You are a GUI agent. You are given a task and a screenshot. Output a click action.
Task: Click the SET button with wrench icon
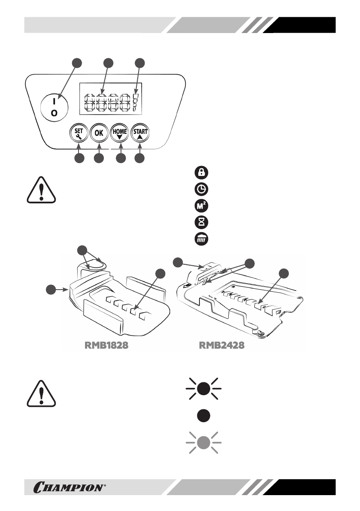[79, 133]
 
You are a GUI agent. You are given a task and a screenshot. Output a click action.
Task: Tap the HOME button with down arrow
[120, 133]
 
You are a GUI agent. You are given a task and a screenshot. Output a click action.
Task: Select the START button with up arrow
[140, 133]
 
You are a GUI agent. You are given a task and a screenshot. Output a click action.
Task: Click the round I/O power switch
[54, 107]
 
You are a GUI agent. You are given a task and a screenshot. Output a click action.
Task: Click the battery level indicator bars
[135, 102]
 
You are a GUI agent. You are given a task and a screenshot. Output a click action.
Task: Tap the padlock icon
[201, 172]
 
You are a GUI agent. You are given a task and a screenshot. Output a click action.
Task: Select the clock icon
[201, 189]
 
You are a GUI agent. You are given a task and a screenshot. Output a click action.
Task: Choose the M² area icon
[201, 206]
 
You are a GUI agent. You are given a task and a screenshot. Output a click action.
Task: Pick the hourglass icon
[201, 222]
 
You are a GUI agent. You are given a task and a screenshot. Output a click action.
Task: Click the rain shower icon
[201, 239]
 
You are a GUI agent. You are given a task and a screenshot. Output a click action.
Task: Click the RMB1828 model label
[106, 345]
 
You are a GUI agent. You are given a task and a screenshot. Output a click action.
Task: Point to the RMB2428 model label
[221, 345]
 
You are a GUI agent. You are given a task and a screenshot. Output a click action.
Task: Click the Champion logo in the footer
[70, 487]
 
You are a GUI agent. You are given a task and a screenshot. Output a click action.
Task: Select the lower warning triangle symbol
[41, 393]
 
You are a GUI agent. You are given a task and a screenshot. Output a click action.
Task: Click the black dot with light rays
[204, 388]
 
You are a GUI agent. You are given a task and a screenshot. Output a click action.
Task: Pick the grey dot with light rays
[204, 442]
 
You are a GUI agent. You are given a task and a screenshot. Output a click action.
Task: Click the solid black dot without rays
[204, 415]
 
